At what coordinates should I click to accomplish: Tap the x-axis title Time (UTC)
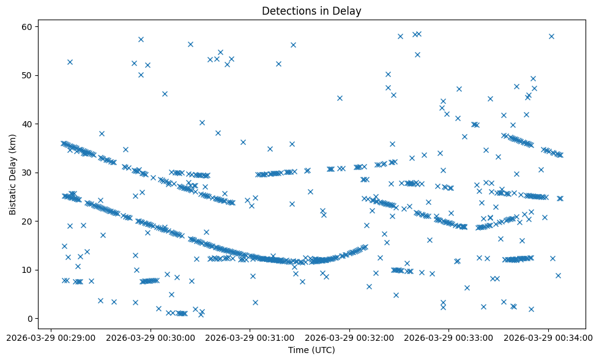pos(311,350)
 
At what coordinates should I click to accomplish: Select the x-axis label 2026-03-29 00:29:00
pos(51,337)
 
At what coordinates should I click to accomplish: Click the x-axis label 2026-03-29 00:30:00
pos(151,337)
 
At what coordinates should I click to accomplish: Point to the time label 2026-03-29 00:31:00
pos(250,337)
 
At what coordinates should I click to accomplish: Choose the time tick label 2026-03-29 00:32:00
pos(350,337)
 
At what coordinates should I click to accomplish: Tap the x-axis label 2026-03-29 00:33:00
pos(449,337)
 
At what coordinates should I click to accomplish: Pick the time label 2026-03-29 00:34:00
pos(549,337)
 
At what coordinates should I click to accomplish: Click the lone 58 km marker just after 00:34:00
pos(551,36)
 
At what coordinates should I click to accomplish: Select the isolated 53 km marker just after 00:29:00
pos(70,62)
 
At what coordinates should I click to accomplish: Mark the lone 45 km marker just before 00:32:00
pos(340,98)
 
